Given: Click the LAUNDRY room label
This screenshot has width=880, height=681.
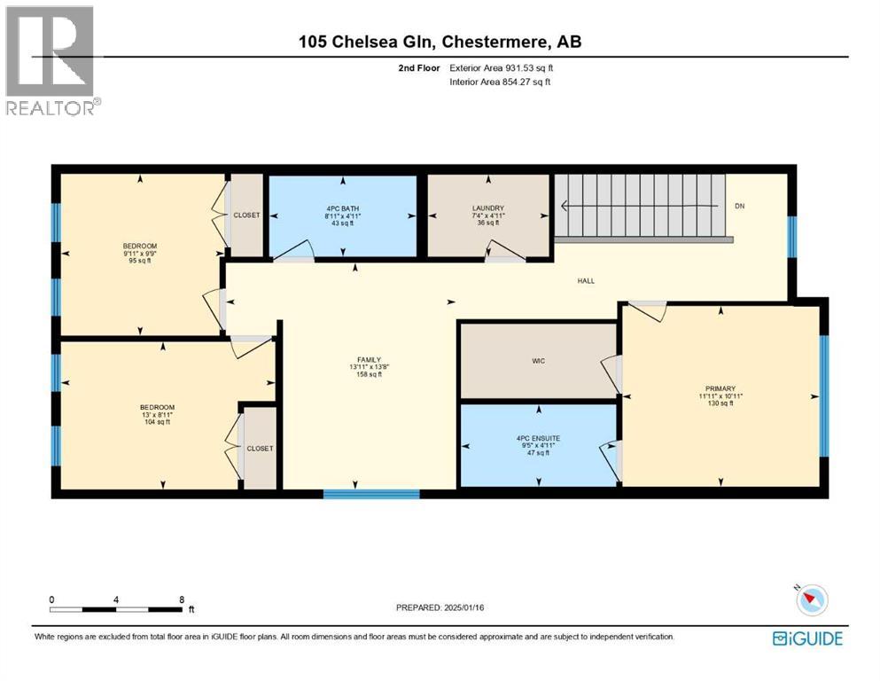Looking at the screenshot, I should tap(488, 208).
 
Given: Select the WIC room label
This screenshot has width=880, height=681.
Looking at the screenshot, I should tap(538, 361).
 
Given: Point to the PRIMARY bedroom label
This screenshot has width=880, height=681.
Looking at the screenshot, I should tap(720, 388).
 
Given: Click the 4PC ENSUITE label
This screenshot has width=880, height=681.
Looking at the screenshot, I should tap(538, 438).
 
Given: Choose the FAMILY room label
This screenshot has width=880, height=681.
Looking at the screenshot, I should tap(363, 359).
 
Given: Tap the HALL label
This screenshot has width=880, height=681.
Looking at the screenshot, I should tap(586, 281).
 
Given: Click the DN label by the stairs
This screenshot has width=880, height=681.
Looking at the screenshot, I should tap(739, 207).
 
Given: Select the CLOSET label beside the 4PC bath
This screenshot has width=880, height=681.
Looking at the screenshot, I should tap(246, 215).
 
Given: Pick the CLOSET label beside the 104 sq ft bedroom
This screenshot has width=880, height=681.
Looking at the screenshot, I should tap(260, 449).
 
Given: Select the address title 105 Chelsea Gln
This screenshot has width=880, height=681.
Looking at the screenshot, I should tap(440, 42).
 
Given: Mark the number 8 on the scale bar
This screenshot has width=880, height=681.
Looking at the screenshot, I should tap(182, 599).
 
